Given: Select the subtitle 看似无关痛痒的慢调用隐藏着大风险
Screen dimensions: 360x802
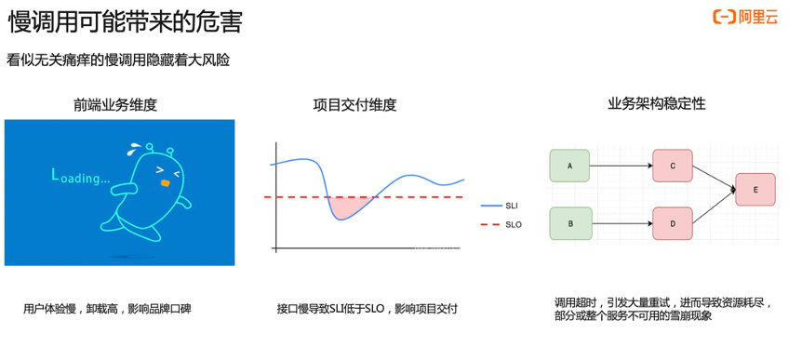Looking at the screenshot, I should tap(118, 60).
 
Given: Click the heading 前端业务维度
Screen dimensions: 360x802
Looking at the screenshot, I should tap(115, 105).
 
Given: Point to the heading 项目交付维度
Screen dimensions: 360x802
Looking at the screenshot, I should tap(354, 105).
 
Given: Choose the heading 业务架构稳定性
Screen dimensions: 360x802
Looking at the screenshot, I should tap(656, 104).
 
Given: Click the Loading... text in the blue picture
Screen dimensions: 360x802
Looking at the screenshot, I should tap(80, 176).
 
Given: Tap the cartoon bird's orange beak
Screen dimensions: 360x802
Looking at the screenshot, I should tap(165, 183).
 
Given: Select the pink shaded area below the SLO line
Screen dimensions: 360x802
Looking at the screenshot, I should tap(348, 205).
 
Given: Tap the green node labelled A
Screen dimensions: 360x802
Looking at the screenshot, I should tap(570, 166).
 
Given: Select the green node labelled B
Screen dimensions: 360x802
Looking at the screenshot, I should tap(570, 223).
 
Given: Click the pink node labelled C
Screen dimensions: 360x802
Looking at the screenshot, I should tap(673, 166).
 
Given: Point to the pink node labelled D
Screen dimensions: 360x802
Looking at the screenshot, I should tap(673, 223).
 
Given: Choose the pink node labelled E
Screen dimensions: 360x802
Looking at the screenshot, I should tap(755, 189).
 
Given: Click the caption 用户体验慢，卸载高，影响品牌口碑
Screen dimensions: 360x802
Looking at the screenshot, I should tap(107, 309).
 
